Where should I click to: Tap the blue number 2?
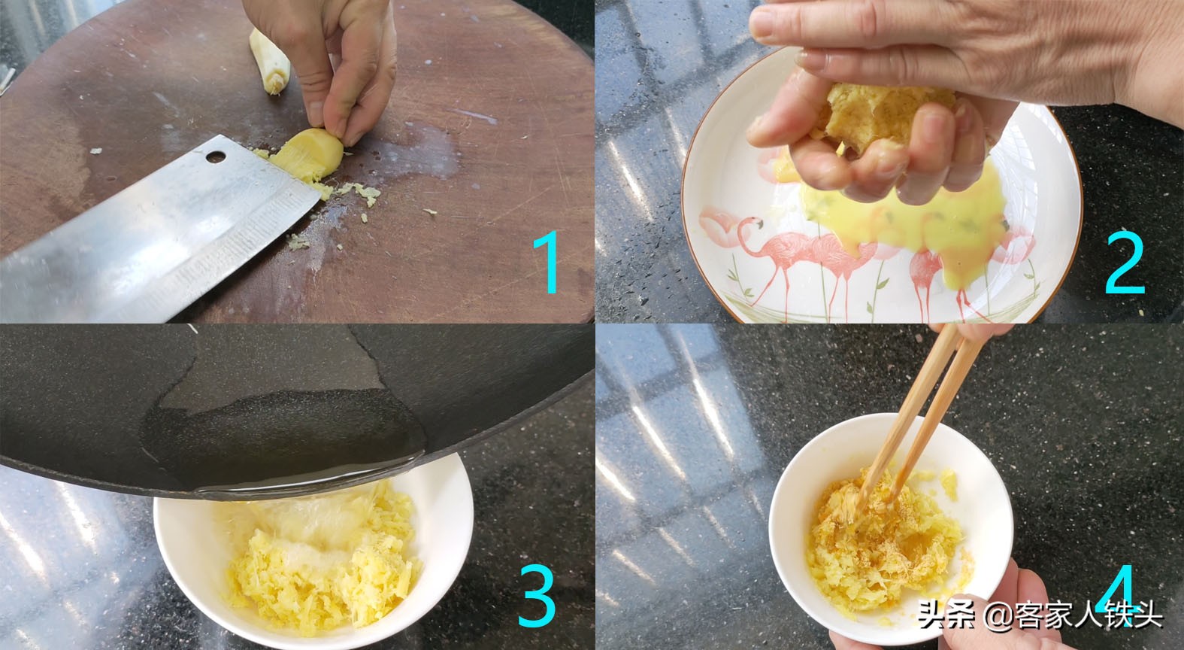pos(1125,263)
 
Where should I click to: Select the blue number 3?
pos(538,596)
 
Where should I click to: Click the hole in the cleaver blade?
pos(217,157)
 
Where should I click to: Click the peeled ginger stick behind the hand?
pos(271,60)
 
